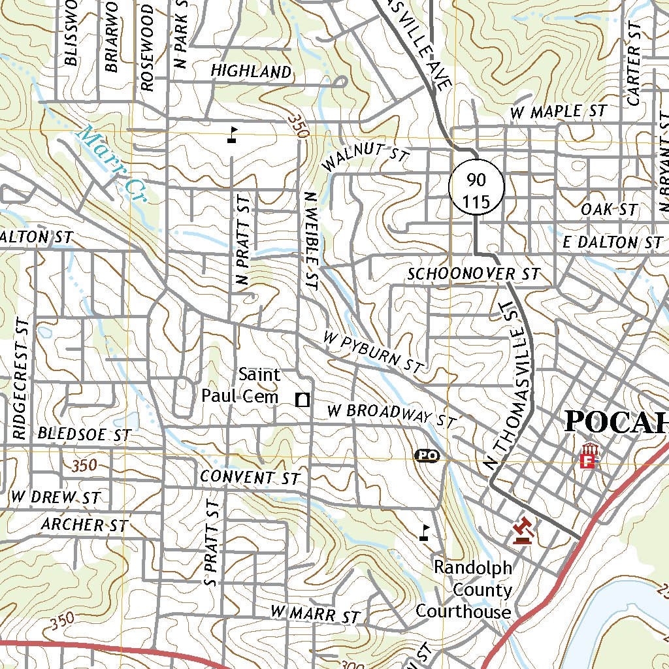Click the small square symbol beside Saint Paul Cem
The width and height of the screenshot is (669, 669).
click(x=302, y=399)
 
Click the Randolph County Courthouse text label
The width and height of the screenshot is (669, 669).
click(x=464, y=591)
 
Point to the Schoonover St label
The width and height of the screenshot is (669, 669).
click(x=474, y=274)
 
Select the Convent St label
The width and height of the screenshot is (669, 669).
click(x=250, y=477)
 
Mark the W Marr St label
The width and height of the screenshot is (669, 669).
click(x=316, y=614)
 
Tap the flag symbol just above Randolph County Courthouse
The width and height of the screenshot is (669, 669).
click(x=425, y=532)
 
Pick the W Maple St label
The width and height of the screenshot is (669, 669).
click(x=558, y=112)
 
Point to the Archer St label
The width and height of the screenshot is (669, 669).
click(x=83, y=525)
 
